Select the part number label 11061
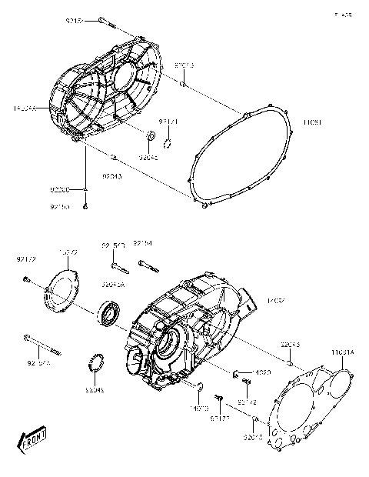click(311, 122)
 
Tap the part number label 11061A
click(343, 352)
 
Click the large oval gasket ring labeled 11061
click(239, 157)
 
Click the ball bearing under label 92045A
click(107, 315)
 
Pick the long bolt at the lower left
click(42, 341)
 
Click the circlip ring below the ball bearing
click(98, 361)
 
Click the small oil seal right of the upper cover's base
click(151, 138)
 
